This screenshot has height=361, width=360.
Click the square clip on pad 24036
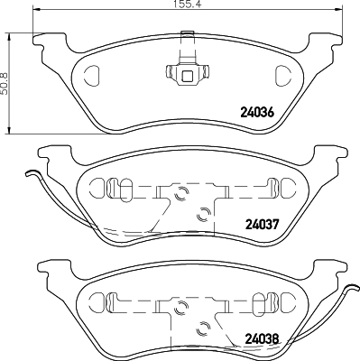(187, 75)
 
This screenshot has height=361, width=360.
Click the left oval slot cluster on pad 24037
(112, 189)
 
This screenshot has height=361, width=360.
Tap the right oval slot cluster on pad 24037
(267, 189)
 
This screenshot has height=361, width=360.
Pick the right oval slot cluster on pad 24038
(267, 299)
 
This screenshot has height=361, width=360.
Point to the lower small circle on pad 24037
(202, 213)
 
